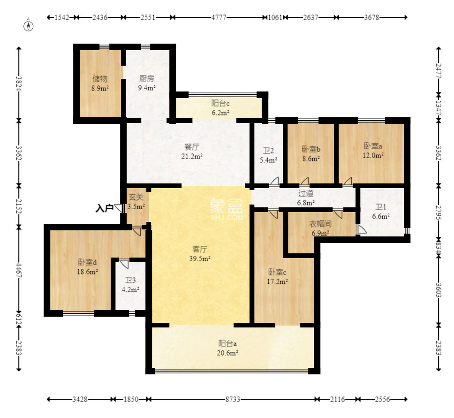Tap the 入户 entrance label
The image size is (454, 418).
105,208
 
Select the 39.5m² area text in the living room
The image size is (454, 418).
200,258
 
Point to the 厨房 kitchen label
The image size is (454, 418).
147,78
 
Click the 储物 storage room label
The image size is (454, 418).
100,79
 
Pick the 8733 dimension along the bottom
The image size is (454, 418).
233,399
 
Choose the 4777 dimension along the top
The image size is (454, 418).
219,17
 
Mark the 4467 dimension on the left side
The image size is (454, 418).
19,270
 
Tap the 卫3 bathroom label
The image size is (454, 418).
130,280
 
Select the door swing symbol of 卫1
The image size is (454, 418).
362,229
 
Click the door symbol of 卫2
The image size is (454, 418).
274,181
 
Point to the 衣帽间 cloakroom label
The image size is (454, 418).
320,224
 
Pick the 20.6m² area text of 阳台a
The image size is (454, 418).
227,353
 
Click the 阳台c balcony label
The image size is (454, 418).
220,103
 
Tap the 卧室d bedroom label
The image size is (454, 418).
87,262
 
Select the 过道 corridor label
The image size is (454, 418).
306,193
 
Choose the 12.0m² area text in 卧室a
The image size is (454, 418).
373,156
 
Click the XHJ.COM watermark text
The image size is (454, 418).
227,217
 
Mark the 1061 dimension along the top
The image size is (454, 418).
275,17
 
